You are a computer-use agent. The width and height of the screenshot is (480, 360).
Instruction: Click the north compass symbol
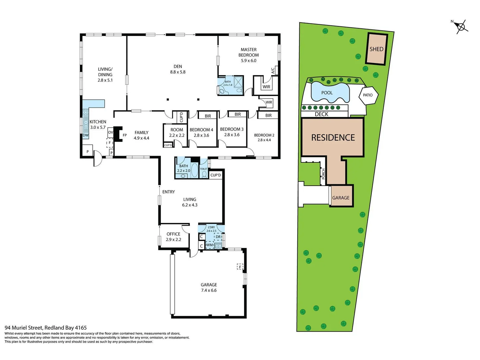461,27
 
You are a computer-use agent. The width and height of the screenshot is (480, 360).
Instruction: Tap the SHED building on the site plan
376,49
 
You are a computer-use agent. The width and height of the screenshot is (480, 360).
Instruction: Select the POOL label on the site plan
327,93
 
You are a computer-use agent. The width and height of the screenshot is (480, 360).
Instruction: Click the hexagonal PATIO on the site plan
368,95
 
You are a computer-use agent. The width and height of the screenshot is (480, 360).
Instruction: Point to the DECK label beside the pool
321,114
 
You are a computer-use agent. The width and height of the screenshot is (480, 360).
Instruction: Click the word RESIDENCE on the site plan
333,137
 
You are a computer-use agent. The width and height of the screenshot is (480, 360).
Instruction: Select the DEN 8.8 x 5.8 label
178,69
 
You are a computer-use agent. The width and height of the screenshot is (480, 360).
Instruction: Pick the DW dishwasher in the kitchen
86,135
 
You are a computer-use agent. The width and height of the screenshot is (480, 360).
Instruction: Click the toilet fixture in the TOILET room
204,174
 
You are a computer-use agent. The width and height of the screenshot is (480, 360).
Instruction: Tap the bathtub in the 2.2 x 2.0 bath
194,170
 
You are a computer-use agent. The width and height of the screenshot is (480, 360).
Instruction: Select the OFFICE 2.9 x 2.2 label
173,237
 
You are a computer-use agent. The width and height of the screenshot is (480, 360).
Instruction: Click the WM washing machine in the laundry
209,245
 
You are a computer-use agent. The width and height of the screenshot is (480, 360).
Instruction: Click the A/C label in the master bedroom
273,70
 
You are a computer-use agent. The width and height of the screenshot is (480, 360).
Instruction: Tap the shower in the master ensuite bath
238,82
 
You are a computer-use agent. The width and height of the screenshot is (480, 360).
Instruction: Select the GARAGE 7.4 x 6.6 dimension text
209,290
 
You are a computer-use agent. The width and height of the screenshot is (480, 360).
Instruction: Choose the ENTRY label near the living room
168,192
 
